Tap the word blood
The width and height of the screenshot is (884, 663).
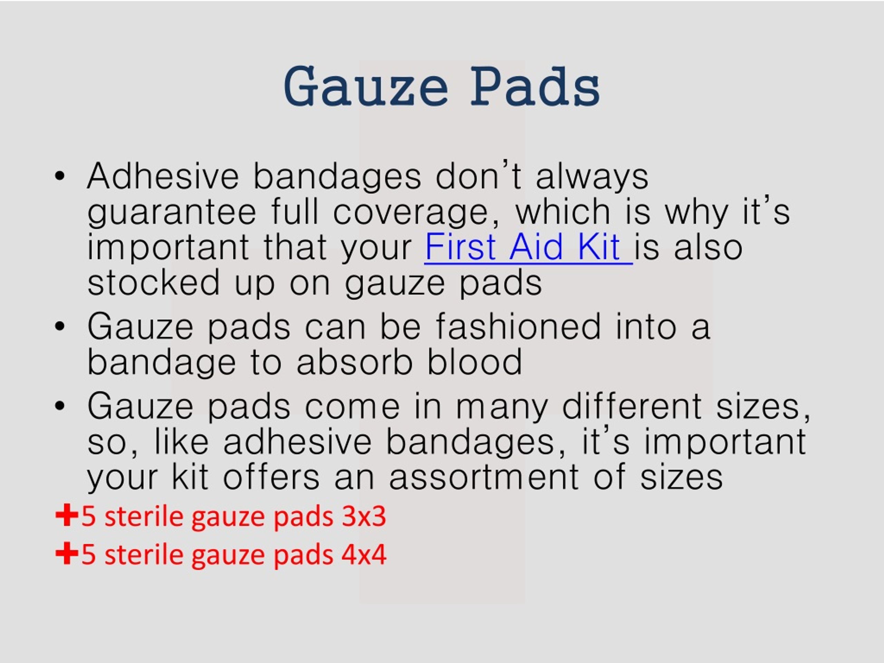click(474, 362)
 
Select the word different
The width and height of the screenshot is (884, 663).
click(632, 406)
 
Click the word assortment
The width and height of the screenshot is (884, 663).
click(484, 477)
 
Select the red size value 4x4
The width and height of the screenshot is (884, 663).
click(364, 554)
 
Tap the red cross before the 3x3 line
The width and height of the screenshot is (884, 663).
click(67, 516)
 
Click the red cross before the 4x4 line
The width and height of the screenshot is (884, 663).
click(67, 554)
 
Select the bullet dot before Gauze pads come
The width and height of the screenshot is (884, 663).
click(60, 406)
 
